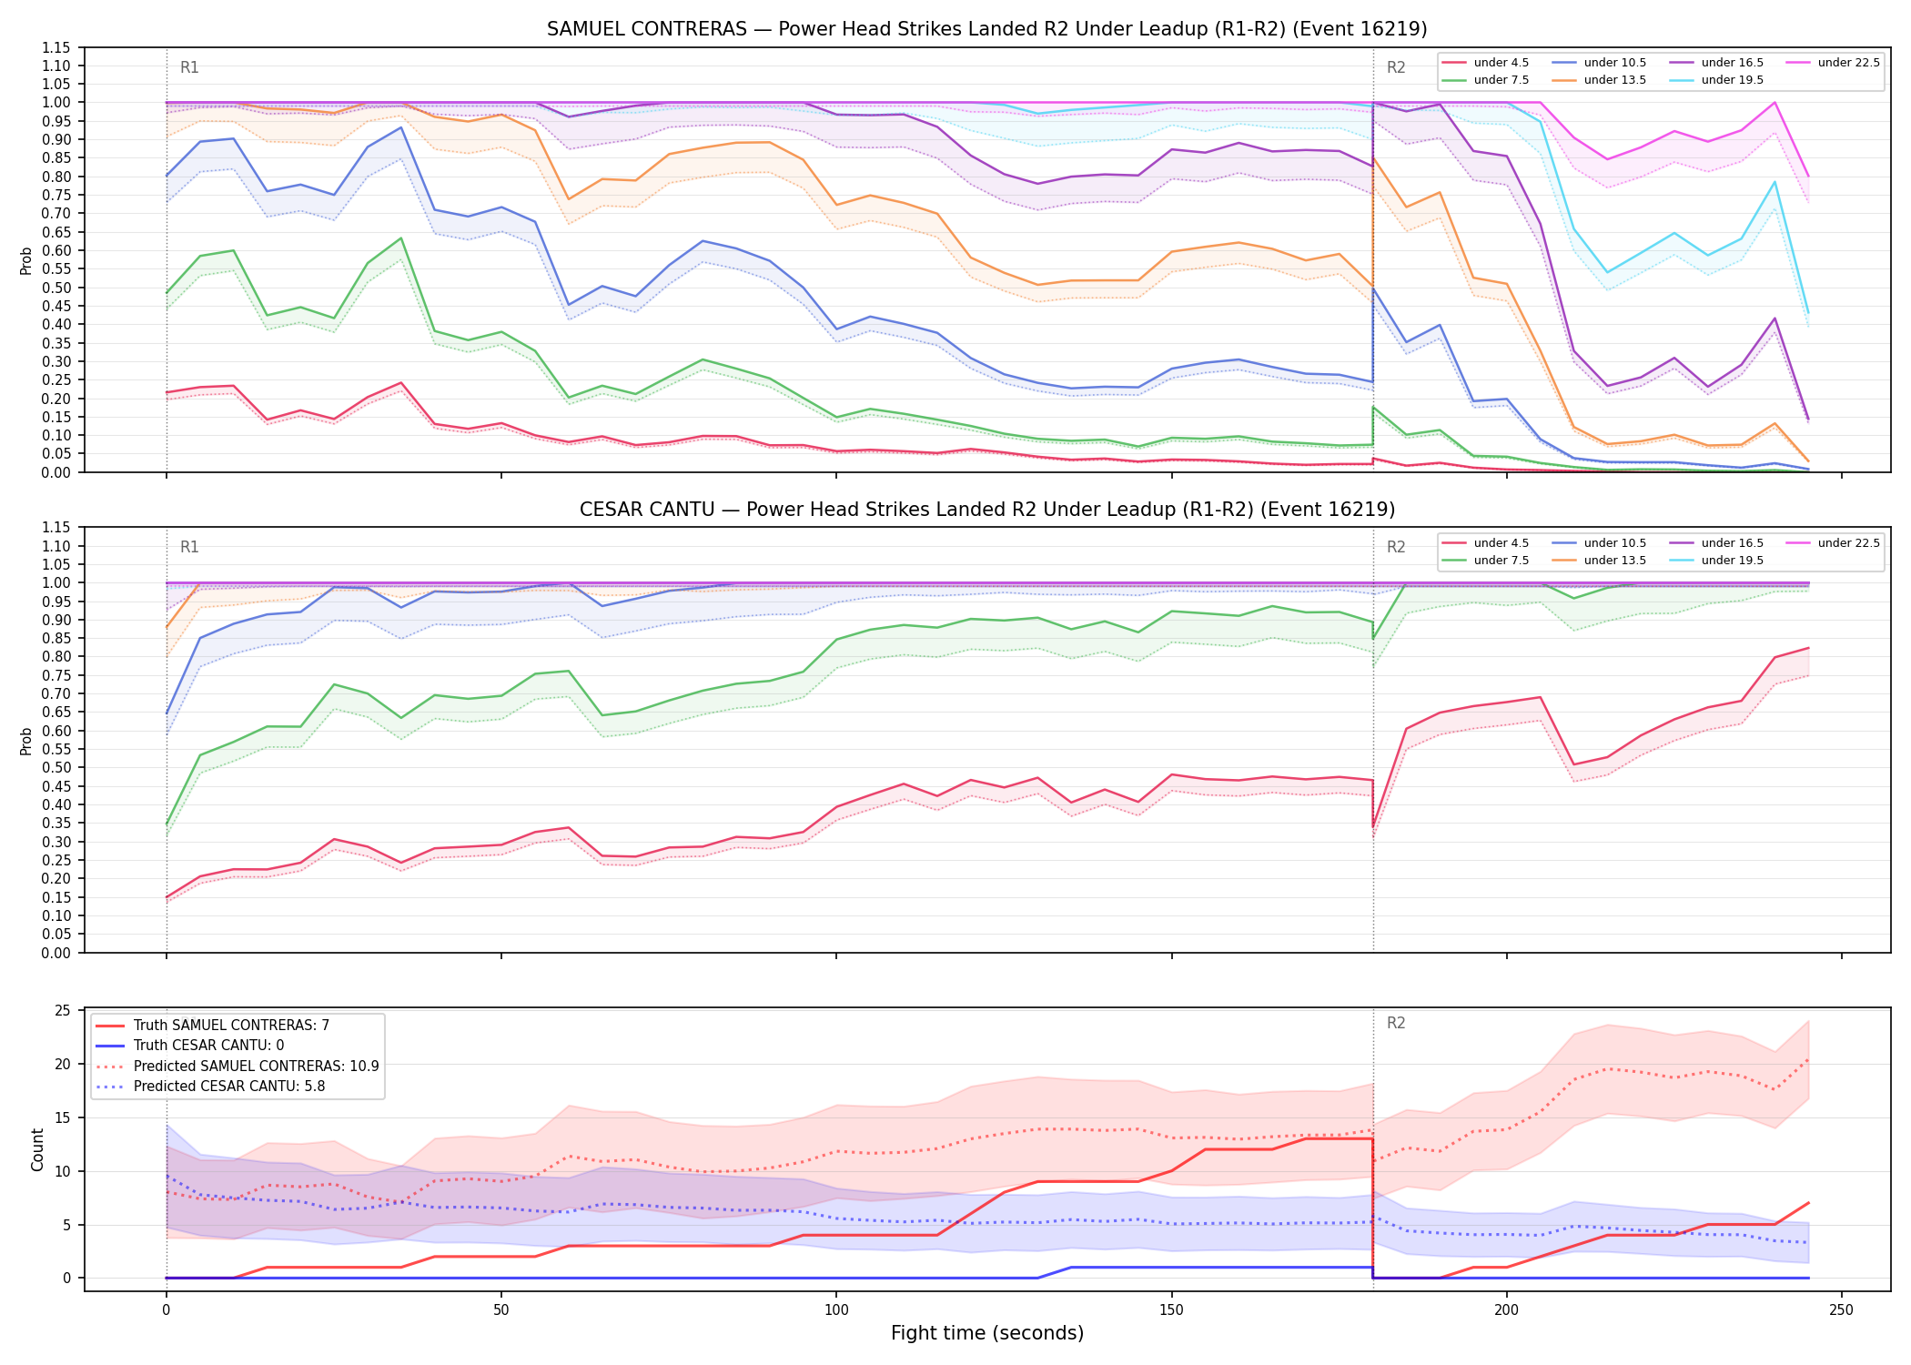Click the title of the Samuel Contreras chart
click(x=987, y=29)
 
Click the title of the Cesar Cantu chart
click(x=987, y=510)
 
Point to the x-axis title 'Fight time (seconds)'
click(x=987, y=1333)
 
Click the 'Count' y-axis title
click(x=37, y=1149)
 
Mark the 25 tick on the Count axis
click(x=63, y=1011)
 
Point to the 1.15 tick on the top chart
click(x=56, y=47)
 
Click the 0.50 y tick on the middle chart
click(x=56, y=768)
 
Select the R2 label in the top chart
click(x=1396, y=67)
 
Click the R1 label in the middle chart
click(x=189, y=547)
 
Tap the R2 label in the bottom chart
click(x=1396, y=1023)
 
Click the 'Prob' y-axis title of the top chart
click(x=26, y=260)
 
